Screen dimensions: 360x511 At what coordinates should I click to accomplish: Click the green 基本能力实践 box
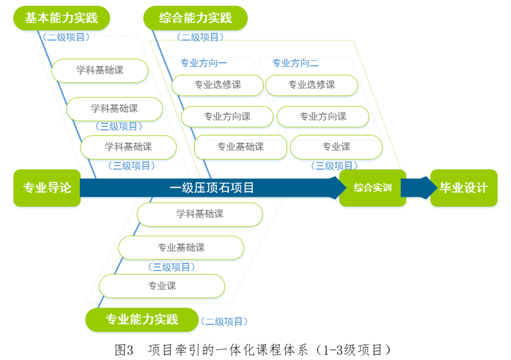(62, 18)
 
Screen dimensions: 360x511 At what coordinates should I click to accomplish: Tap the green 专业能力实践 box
(142, 320)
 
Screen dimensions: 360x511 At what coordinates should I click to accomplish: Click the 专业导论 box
(47, 188)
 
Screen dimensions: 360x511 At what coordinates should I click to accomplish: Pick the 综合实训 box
(372, 188)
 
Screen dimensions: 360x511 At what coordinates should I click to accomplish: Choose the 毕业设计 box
(463, 188)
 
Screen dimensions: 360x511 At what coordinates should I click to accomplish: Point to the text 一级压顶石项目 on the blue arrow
(212, 188)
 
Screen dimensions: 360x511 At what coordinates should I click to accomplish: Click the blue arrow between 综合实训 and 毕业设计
(418, 187)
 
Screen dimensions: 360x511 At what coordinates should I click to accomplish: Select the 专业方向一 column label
(203, 63)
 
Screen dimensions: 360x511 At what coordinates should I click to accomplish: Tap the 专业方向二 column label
(296, 63)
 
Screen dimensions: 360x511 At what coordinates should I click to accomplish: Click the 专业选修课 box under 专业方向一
(218, 85)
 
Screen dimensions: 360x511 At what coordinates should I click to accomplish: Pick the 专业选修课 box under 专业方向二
(312, 85)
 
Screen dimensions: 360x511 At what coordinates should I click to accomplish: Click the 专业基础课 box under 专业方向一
(240, 147)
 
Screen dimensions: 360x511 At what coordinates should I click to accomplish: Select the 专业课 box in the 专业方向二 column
(336, 147)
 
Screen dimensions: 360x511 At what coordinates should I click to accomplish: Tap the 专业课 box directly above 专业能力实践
(162, 286)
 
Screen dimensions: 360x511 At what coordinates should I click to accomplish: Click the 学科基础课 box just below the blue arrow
(200, 214)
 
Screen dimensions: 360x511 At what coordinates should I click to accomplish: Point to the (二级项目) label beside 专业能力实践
(223, 321)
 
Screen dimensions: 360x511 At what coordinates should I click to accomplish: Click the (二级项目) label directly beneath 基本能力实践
(67, 37)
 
